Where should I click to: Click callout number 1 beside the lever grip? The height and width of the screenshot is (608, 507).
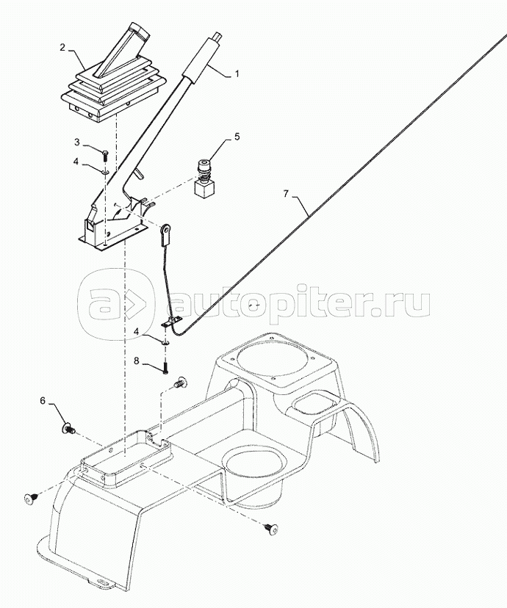tap(237, 73)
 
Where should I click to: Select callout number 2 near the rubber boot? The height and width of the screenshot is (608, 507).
tap(62, 47)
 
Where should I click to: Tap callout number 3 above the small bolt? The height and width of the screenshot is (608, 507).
tap(77, 142)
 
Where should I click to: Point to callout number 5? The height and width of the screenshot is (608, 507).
tap(237, 137)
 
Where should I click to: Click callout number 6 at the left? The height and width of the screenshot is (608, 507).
tap(43, 401)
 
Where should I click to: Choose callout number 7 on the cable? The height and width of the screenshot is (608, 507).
tap(286, 193)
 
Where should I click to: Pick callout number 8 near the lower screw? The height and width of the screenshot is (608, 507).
tap(136, 361)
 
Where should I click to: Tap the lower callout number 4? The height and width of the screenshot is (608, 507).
tap(136, 331)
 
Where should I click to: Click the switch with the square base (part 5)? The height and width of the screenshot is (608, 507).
tap(204, 178)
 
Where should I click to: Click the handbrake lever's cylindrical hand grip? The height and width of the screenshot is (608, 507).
tap(201, 57)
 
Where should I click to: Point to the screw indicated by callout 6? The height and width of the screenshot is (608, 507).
tap(68, 429)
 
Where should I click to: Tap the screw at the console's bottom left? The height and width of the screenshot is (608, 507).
tap(32, 499)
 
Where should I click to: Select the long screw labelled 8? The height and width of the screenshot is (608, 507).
tap(166, 365)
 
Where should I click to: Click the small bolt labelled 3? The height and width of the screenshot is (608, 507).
tap(106, 156)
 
